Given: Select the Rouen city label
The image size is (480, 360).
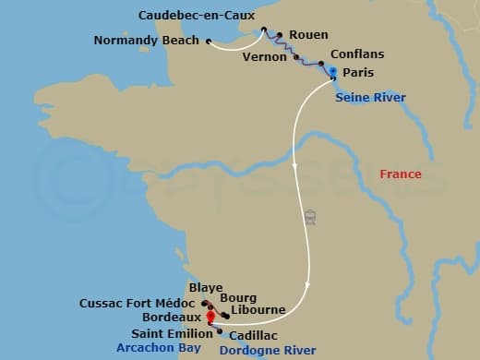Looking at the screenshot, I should click(x=308, y=35).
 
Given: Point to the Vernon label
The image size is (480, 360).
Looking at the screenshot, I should click(x=264, y=56).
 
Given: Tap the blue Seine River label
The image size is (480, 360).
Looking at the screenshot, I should click(x=370, y=96).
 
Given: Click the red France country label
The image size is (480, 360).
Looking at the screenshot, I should click(x=401, y=174).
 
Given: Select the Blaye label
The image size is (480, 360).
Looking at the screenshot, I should click(x=205, y=288).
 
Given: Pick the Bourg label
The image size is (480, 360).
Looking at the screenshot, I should click(x=239, y=298).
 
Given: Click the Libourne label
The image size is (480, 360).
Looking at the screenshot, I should click(x=258, y=310).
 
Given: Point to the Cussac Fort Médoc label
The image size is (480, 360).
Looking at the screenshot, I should click(x=137, y=303).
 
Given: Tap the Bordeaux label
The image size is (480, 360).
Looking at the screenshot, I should click(x=168, y=317).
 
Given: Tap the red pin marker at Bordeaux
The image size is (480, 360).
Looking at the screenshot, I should click(x=211, y=317).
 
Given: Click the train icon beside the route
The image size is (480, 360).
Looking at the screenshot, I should click(x=311, y=218).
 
